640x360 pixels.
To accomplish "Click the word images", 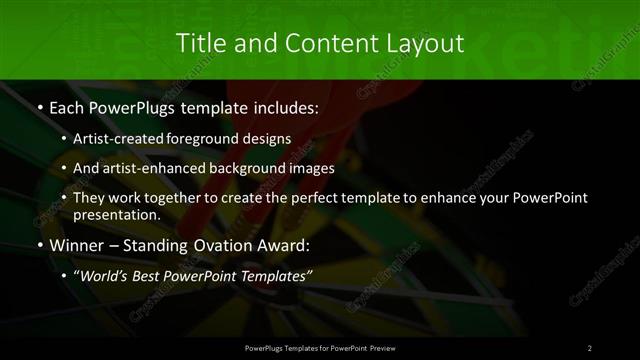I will click(x=335, y=168).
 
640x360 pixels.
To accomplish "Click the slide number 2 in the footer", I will click(x=590, y=347).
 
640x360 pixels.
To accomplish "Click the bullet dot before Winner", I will click(x=39, y=245).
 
